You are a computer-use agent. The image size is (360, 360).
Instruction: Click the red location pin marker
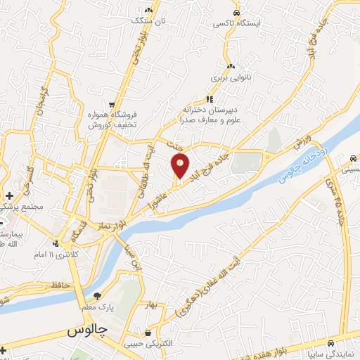tap(181, 166)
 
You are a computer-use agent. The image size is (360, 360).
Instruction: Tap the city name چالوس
tap(86, 330)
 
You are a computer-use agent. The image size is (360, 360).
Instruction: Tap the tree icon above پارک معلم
tap(98, 296)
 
